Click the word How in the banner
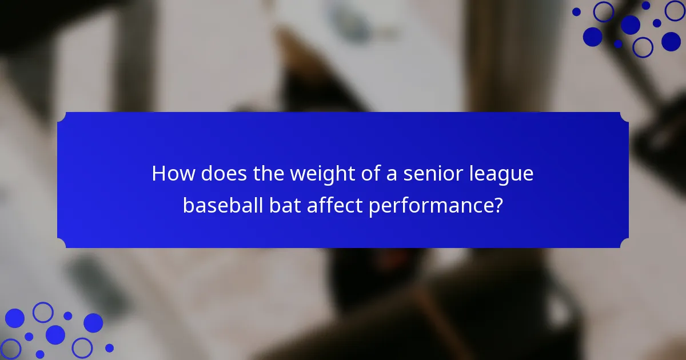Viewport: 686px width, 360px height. (169, 174)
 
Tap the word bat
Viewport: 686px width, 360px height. (285, 205)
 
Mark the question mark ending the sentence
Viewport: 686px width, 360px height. (498, 205)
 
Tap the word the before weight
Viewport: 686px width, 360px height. (268, 174)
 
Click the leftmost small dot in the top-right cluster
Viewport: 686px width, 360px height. (576, 11)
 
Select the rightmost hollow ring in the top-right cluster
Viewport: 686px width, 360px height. (675, 10)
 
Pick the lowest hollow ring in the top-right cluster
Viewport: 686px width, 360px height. (643, 47)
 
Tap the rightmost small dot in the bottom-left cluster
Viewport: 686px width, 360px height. (109, 348)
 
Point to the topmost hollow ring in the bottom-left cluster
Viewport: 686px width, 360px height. (43, 312)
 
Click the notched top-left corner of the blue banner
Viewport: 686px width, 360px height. (61, 116)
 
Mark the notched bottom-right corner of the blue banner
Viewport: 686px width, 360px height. (624, 244)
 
